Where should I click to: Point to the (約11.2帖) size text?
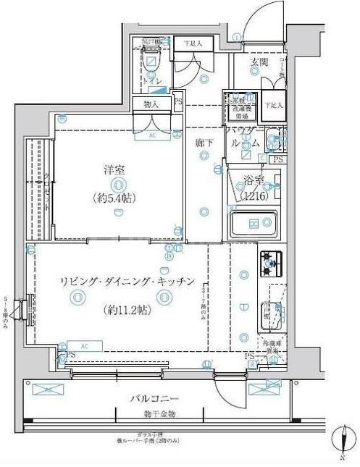tap(128, 310)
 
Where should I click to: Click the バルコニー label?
tap(155, 398)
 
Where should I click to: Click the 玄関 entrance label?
tap(259, 62)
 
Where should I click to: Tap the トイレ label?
tap(152, 82)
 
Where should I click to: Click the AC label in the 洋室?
tap(153, 135)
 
